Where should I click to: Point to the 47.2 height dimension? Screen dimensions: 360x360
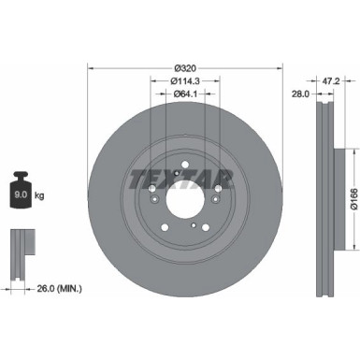pyautogui.click(x=329, y=82)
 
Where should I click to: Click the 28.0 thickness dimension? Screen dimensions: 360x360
pyautogui.click(x=299, y=95)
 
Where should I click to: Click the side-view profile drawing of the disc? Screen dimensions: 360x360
pyautogui.click(x=324, y=198)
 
